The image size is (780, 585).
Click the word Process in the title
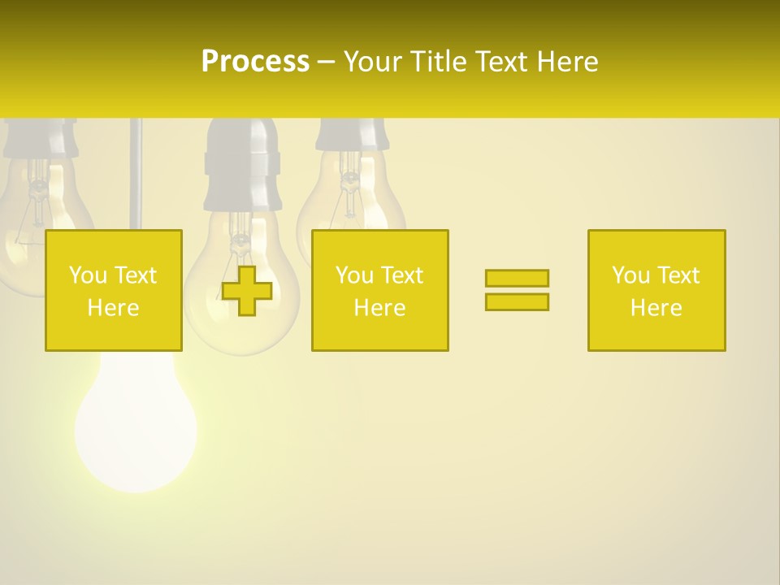[255, 62]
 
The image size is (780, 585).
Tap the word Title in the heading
[439, 62]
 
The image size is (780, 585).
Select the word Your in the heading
[373, 62]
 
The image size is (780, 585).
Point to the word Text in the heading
[504, 62]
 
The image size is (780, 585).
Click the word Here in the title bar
[568, 62]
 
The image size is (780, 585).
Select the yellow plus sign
[247, 291]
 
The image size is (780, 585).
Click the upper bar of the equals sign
[517, 278]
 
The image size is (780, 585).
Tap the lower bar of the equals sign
[517, 301]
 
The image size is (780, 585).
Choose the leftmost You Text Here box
[114, 290]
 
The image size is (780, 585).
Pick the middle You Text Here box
[379, 290]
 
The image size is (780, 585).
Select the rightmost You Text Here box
[656, 290]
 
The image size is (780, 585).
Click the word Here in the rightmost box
[656, 307]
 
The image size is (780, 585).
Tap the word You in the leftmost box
[87, 275]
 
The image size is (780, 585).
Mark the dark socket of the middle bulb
[241, 167]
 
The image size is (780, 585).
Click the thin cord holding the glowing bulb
[136, 171]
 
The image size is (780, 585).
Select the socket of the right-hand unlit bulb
[350, 134]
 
